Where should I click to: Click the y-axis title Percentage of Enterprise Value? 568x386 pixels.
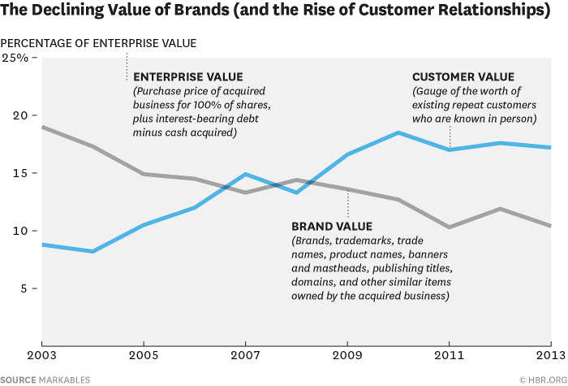tap(98, 42)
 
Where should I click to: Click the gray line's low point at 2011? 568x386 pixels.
tap(449, 227)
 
